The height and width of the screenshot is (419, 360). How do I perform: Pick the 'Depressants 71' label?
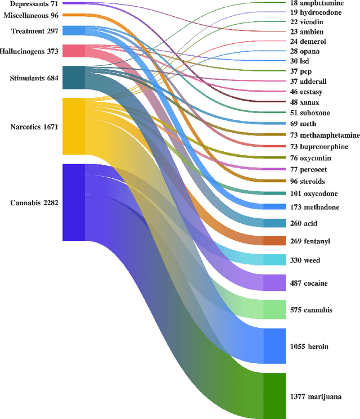[x=31, y=3]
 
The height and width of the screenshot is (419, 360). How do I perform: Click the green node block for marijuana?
[x=274, y=396]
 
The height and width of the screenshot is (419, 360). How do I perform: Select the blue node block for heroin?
[x=274, y=346]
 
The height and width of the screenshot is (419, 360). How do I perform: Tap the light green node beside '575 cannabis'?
[x=274, y=309]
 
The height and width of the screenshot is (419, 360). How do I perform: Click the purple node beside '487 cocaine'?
[x=274, y=282]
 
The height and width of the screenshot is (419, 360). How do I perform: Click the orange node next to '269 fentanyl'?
[x=274, y=241]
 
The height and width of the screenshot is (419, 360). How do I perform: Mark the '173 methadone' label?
[x=315, y=207]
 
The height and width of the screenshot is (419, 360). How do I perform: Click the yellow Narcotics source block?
[x=73, y=127]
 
